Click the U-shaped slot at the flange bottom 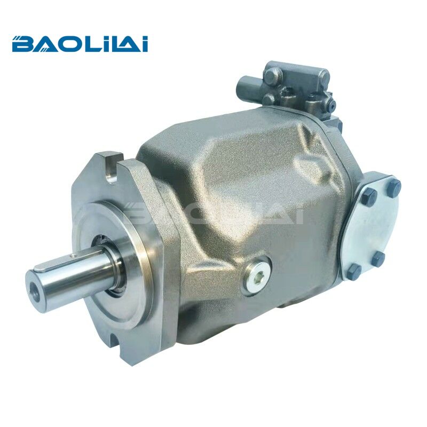coord(115,341)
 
